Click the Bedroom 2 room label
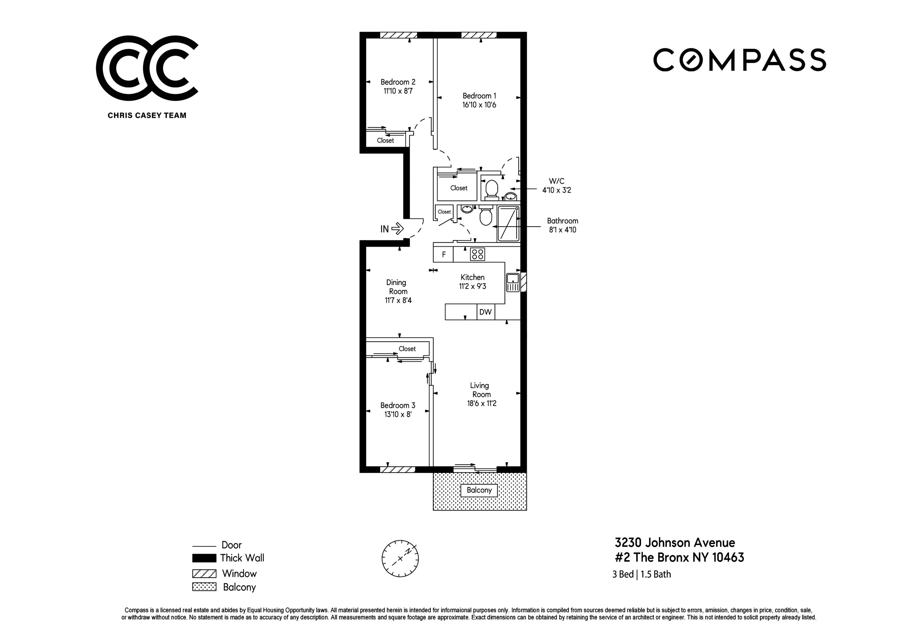(x=398, y=82)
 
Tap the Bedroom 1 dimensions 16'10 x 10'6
(x=479, y=105)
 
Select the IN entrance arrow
(x=397, y=229)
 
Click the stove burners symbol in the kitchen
(x=478, y=254)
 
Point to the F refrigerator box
(x=443, y=255)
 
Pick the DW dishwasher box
(x=485, y=312)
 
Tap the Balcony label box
(x=479, y=490)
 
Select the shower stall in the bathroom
(x=508, y=224)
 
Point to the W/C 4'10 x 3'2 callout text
(x=556, y=186)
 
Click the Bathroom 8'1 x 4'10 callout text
(x=562, y=225)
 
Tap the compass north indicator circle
(x=400, y=559)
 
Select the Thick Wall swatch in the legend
(x=204, y=558)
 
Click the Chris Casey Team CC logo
(x=147, y=68)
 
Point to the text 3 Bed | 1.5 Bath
(x=641, y=574)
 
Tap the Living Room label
(x=480, y=390)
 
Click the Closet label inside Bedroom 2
(x=385, y=140)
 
